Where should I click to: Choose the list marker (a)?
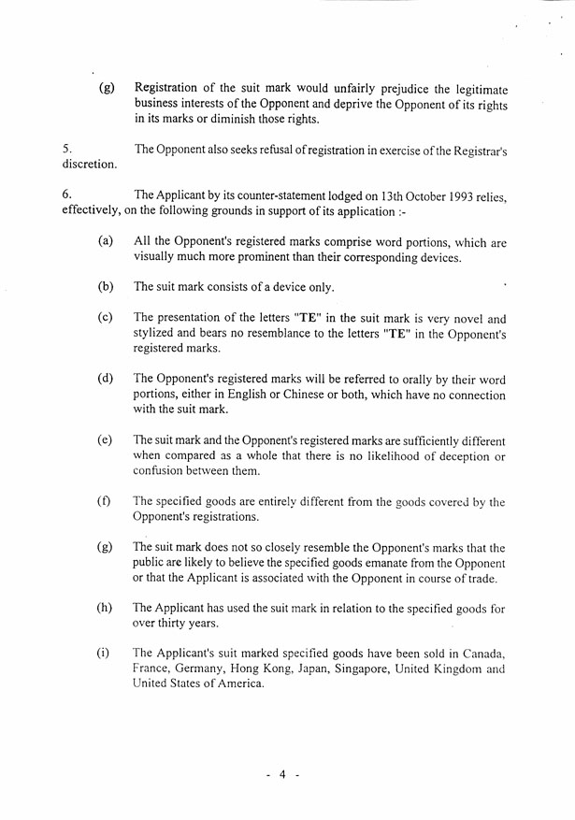click(x=106, y=241)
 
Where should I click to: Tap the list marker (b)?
click(x=106, y=287)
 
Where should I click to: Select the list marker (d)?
click(x=106, y=379)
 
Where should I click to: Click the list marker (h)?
click(x=106, y=608)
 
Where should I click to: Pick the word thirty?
click(x=176, y=623)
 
